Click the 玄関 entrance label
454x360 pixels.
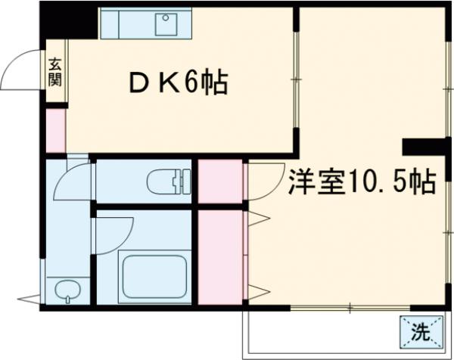click(56, 73)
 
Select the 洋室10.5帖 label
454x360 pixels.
click(360, 182)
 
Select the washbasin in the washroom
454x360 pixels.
click(67, 290)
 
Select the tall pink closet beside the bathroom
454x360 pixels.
click(220, 257)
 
